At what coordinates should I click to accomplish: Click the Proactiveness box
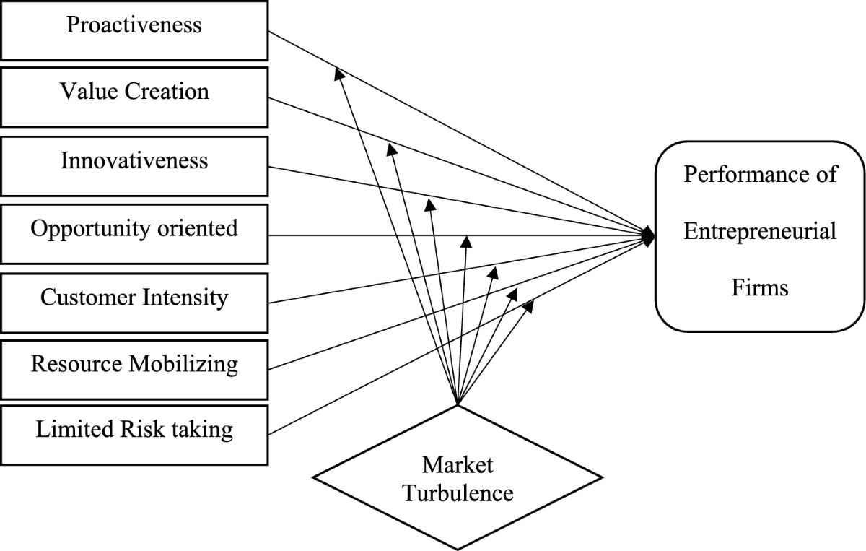click(134, 30)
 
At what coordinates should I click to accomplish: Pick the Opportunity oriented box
click(134, 233)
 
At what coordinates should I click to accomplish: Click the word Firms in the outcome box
click(761, 288)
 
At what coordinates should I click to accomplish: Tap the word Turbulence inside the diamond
click(458, 494)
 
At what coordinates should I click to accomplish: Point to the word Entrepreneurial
click(761, 232)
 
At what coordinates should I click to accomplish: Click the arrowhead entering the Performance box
click(649, 235)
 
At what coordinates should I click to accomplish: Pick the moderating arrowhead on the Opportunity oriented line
click(467, 241)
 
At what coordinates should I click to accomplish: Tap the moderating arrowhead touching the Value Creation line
click(391, 148)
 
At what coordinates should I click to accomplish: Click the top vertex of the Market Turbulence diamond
click(458, 404)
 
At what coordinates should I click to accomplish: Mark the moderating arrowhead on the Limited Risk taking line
click(528, 305)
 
